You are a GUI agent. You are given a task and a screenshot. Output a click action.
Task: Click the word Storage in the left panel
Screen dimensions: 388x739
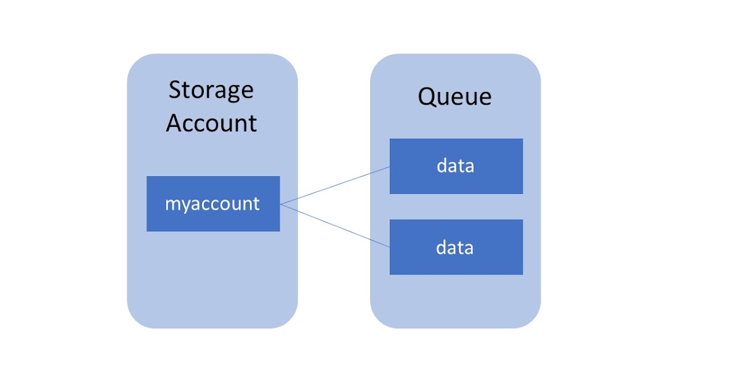coord(211,91)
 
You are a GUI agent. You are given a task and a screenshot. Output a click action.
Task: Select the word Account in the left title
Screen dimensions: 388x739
coord(211,123)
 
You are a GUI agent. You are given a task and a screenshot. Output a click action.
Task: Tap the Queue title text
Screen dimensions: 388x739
coord(454,97)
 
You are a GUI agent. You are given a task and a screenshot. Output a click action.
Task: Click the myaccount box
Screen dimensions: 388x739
coord(213,204)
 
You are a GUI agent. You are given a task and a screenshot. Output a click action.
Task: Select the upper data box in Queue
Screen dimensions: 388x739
coord(456,166)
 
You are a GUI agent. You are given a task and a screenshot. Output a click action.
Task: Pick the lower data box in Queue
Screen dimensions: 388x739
coord(456,247)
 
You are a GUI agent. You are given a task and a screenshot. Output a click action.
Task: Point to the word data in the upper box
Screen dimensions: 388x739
coord(455,166)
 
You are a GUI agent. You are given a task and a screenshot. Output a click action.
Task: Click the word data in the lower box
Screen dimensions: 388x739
coord(455,248)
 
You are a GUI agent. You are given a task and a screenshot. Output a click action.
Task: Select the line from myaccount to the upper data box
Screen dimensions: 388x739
coord(335,185)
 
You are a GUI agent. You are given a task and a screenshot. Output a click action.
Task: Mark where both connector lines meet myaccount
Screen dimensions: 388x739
coord(280,204)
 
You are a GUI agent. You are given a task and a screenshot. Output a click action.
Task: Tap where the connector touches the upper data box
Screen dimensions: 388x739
coord(390,166)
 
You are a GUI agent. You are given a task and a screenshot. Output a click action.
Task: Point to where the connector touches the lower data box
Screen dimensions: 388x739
coord(390,247)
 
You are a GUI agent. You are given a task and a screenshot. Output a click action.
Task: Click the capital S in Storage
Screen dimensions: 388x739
coord(176,91)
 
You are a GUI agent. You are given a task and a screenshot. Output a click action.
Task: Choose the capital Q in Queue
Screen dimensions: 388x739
coord(427,97)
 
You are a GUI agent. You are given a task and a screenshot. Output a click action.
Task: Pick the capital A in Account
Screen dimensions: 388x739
coord(175,123)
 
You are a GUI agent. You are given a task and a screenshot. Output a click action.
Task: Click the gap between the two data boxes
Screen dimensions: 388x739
coord(456,207)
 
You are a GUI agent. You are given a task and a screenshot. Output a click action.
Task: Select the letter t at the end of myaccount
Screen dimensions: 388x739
coord(257,204)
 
